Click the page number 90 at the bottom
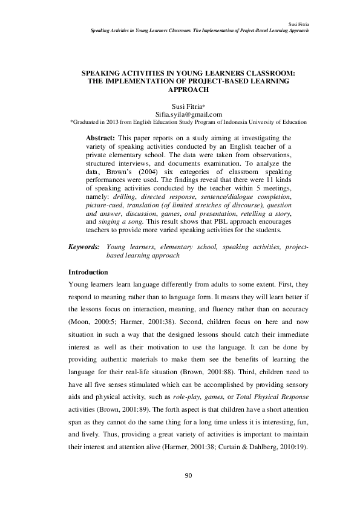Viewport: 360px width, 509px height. (x=188, y=476)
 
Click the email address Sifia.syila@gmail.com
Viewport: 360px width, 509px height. (x=188, y=114)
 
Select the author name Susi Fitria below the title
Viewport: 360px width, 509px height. (x=187, y=105)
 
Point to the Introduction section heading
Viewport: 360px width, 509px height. (x=88, y=272)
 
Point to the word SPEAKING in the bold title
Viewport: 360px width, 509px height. (x=106, y=72)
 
